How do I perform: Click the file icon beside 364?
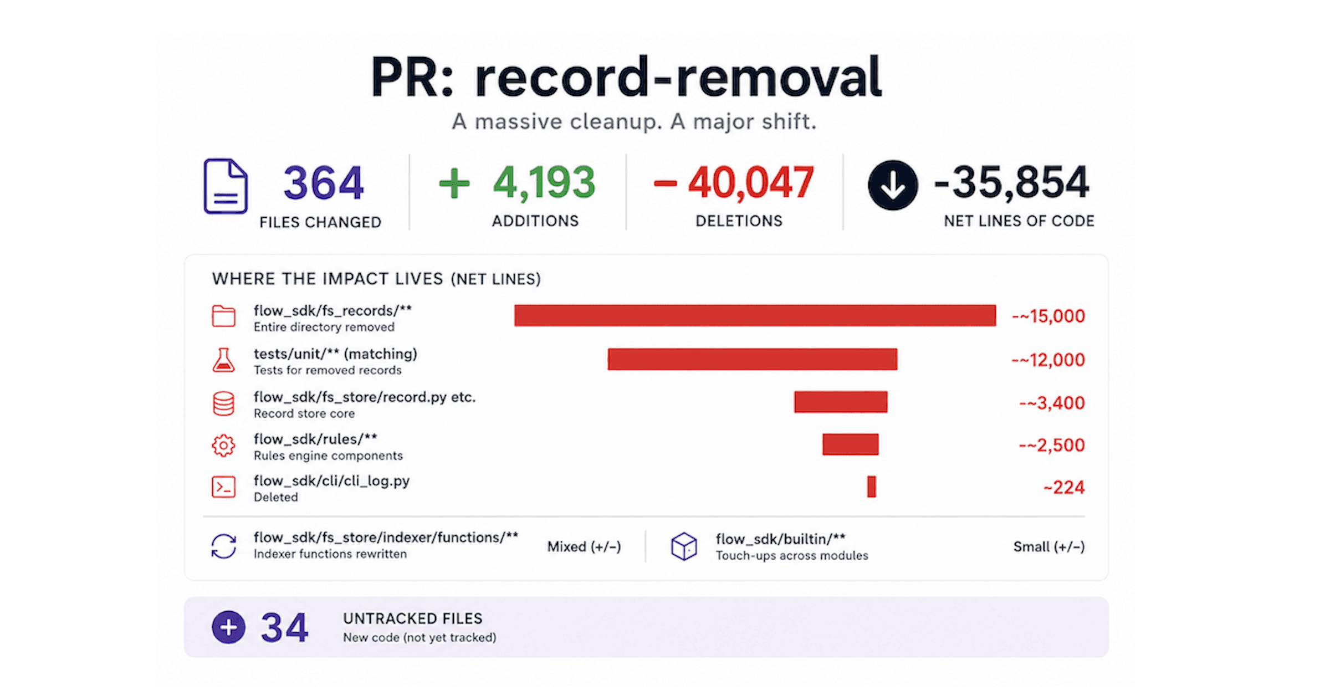[226, 186]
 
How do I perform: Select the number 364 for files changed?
[324, 183]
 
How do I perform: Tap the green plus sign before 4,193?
[454, 183]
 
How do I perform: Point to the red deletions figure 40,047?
[751, 182]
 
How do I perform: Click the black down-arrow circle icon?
[893, 185]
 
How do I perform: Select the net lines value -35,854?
[1011, 182]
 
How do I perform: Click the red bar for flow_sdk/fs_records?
[755, 315]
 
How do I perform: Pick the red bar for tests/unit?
[753, 359]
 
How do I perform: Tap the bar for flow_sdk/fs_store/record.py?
[841, 402]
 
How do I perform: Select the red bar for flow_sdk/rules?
[851, 444]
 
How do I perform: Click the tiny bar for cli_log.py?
[872, 487]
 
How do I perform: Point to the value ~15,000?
[1048, 316]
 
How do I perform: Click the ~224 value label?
[1064, 487]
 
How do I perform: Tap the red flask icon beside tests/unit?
[223, 360]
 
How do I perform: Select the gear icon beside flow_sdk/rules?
[223, 446]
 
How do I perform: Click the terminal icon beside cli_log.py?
[224, 487]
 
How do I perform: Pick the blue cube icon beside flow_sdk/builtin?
[684, 546]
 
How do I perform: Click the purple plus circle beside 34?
[228, 627]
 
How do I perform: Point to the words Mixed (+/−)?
[584, 547]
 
